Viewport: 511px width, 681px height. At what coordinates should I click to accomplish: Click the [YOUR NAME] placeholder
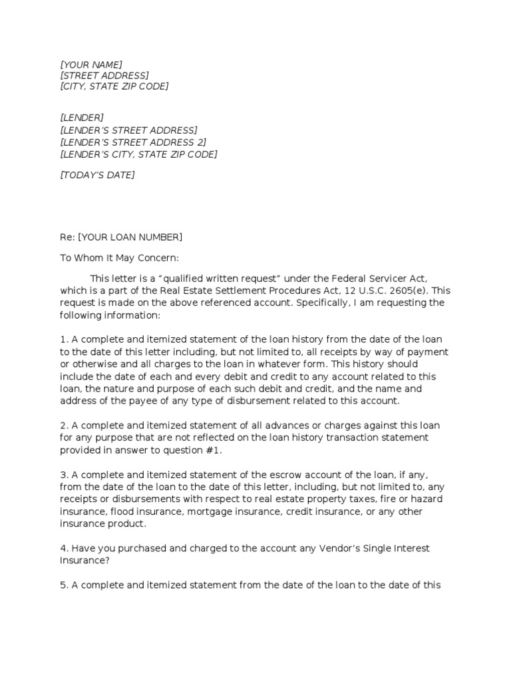(91, 65)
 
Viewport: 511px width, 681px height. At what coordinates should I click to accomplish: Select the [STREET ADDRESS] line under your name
(104, 76)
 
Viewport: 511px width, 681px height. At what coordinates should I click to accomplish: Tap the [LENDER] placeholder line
(82, 118)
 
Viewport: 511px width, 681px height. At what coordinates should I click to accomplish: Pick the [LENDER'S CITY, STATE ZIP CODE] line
(138, 154)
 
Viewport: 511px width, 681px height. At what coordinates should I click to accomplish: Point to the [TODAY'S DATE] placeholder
(97, 175)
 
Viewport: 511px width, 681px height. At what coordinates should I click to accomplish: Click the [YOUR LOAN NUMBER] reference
(130, 237)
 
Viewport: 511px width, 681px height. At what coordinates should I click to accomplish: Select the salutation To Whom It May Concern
(119, 258)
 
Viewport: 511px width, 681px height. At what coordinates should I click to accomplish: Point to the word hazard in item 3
(428, 499)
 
